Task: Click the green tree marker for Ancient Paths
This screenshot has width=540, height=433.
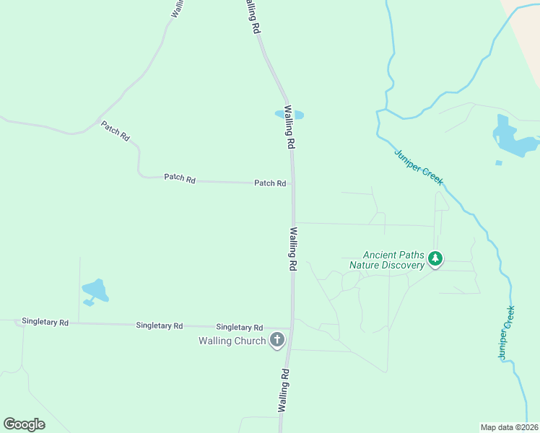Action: click(435, 258)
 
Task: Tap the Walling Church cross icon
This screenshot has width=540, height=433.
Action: click(276, 340)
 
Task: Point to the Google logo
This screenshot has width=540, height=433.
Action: click(24, 424)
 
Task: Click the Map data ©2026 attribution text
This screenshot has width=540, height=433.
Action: click(510, 427)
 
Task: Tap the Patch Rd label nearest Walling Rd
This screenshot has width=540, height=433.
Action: click(270, 183)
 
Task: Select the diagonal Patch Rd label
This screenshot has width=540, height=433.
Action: click(115, 131)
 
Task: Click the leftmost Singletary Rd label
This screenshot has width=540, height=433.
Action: click(45, 322)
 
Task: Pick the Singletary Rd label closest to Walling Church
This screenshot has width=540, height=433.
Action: click(239, 327)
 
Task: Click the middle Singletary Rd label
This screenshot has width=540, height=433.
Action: click(159, 325)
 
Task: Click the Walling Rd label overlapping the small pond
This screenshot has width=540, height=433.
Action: click(290, 127)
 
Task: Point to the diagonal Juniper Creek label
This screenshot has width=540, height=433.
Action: click(419, 167)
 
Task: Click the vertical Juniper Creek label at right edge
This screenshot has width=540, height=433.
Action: click(506, 333)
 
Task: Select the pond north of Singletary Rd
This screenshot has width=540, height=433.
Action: click(95, 292)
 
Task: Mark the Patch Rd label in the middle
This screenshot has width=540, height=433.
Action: click(180, 178)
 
